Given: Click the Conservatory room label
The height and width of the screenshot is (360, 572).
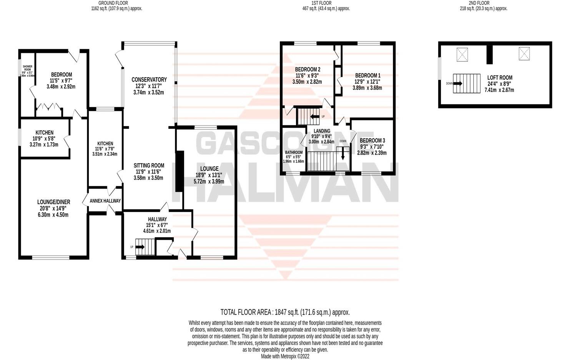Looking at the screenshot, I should point(149,80).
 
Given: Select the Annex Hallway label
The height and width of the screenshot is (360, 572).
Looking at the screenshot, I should point(105,201).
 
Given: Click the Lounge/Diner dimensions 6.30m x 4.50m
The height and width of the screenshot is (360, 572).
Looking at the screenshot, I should point(53,215).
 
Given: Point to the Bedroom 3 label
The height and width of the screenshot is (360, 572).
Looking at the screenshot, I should point(372,140).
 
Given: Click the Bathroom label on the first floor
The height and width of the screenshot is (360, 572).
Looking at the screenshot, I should point(294,152).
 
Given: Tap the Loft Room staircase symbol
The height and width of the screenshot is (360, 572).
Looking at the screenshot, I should point(466,83).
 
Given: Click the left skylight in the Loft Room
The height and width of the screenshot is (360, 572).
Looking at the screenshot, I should point(462,54).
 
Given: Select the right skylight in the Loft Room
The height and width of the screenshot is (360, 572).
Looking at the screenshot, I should point(524,53).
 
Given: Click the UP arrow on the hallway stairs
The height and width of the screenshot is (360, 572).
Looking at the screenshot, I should point(140,247).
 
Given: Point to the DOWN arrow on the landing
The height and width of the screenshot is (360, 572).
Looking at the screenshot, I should point(343,154).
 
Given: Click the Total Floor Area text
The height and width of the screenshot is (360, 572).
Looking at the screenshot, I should point(285,312).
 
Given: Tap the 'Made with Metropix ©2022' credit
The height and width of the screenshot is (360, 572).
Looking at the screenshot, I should point(285,356).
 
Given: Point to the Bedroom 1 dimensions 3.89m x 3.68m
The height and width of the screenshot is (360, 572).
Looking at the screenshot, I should point(367,88).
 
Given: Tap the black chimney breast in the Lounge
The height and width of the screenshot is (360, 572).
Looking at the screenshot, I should point(179,172).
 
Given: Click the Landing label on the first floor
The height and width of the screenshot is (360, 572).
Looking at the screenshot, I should point(321,131).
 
